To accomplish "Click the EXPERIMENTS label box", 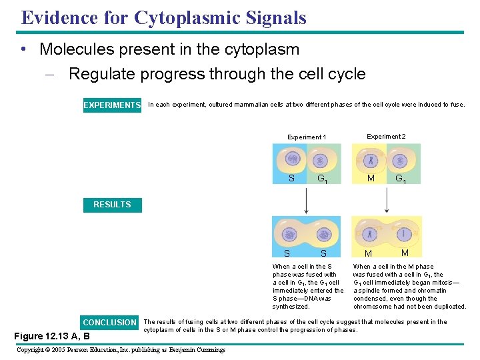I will click(x=112, y=105).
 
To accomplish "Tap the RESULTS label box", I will click(x=112, y=205).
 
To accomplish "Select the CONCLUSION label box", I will click(x=110, y=323).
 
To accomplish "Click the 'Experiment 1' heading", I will click(x=307, y=137).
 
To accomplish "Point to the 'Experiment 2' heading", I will click(x=386, y=137).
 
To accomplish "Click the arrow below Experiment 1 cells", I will click(x=306, y=200).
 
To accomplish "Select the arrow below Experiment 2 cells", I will click(x=387, y=200).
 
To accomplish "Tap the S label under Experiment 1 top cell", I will click(x=291, y=178).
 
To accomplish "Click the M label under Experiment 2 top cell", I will click(x=371, y=178).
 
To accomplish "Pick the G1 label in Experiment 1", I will click(x=321, y=179).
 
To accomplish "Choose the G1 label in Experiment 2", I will click(x=401, y=179).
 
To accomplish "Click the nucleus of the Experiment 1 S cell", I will click(x=292, y=160).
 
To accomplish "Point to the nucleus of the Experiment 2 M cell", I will click(x=371, y=160).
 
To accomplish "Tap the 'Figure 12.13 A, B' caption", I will click(x=52, y=336).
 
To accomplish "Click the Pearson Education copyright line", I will click(x=121, y=350).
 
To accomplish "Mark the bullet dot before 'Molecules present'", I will click(x=24, y=49).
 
